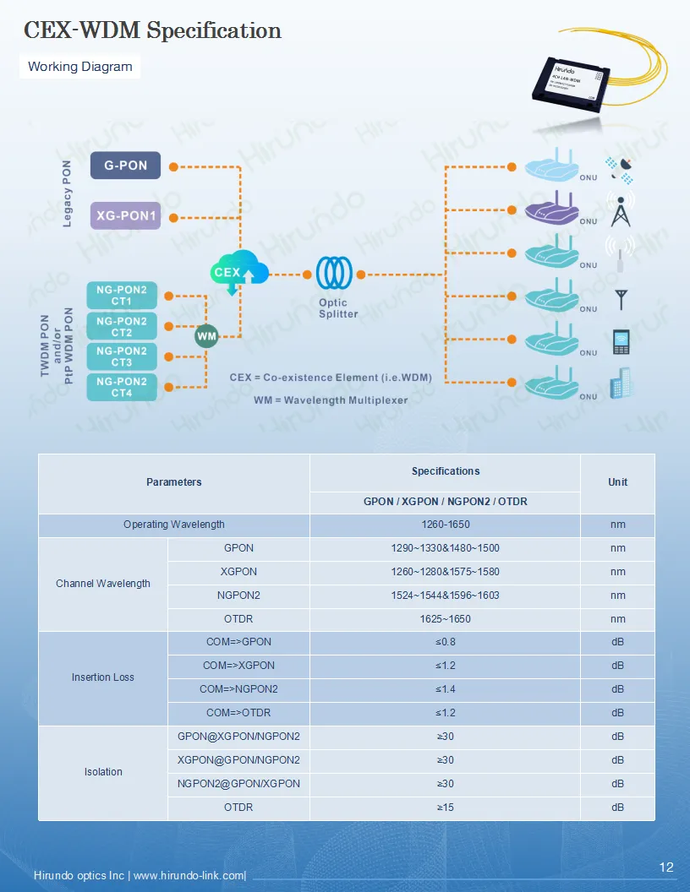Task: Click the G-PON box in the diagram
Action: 125,166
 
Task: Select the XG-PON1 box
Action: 125,215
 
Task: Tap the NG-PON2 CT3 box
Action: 121,356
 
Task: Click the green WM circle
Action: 206,336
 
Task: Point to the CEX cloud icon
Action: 238,272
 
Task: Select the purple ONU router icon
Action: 550,209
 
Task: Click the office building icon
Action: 622,384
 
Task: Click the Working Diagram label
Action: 79,67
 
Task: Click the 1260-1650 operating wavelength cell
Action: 445,525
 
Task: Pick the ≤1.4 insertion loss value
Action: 445,689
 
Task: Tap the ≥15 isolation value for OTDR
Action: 445,808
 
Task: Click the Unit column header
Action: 617,482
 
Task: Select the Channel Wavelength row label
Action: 103,584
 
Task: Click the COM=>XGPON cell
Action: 238,666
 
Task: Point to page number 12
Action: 666,868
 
